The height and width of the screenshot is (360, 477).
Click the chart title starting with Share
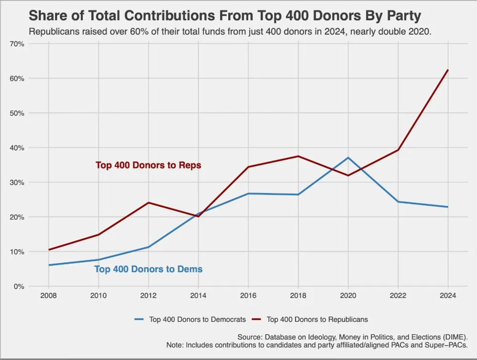tap(225, 16)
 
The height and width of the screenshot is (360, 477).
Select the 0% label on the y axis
tap(20, 287)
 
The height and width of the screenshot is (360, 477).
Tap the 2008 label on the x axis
tap(49, 296)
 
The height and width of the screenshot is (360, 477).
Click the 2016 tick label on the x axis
tap(248, 296)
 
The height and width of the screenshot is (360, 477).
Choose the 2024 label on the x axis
tap(447, 296)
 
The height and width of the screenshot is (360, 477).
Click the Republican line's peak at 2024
tap(447, 70)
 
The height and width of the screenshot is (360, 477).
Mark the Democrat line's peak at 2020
tap(348, 158)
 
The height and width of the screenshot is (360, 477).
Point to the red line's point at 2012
tap(148, 203)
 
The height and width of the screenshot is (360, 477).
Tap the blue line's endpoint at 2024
tap(447, 207)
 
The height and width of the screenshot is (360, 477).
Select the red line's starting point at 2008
tap(49, 250)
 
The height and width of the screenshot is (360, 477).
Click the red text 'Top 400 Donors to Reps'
tap(148, 165)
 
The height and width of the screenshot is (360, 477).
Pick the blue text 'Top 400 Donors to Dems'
tap(148, 269)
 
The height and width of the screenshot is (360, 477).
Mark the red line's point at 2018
tap(298, 156)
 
